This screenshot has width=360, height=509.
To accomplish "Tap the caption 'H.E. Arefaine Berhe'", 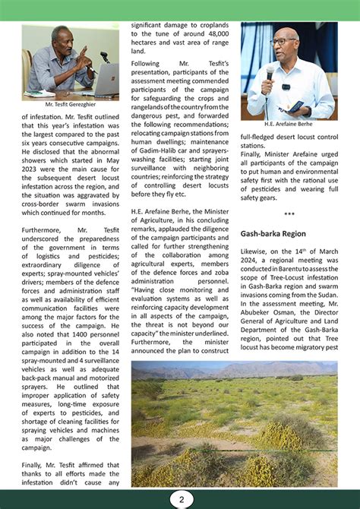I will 288,124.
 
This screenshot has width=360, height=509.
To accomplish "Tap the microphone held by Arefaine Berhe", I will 270,72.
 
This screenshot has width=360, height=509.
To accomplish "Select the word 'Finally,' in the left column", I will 36,464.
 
